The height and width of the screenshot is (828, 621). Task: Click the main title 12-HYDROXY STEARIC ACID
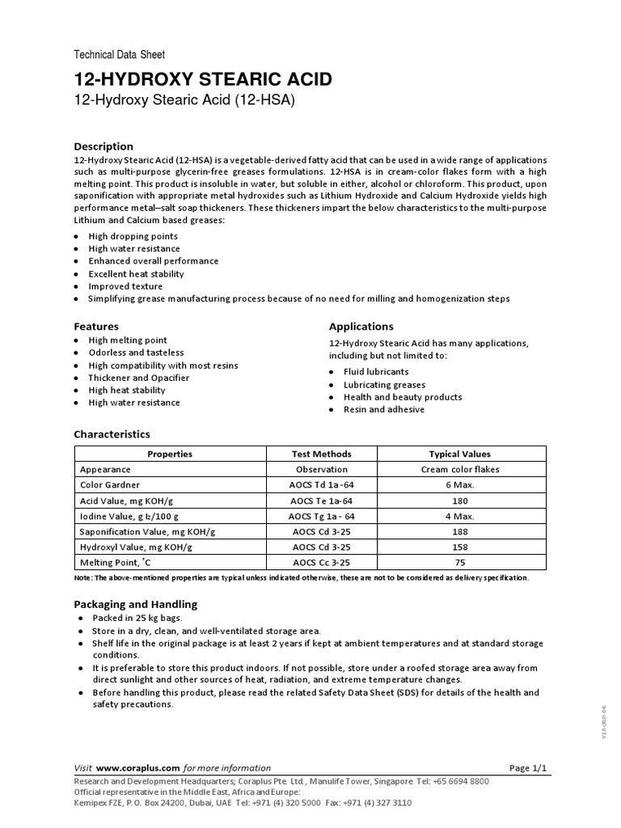[202, 79]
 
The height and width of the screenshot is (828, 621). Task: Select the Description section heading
[103, 146]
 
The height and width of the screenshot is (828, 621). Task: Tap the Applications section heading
[361, 327]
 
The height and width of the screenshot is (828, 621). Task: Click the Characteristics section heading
[112, 434]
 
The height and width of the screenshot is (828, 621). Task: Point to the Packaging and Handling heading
[135, 604]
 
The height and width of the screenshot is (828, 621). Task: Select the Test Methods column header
[321, 454]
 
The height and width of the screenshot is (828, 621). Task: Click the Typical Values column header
[459, 454]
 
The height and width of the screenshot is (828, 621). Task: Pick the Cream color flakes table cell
[460, 469]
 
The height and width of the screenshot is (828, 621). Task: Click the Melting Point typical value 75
[459, 562]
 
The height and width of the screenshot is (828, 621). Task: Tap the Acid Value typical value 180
[459, 501]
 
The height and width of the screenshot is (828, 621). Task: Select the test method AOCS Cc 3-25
[321, 562]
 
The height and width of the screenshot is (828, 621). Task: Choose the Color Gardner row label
[110, 485]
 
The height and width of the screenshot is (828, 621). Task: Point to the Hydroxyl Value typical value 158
[459, 547]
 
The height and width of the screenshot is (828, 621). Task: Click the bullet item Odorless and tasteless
[136, 353]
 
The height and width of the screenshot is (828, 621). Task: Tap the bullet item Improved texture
[125, 286]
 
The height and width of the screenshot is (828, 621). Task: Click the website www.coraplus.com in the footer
[137, 767]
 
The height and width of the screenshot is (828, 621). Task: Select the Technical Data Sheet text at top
[119, 55]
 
